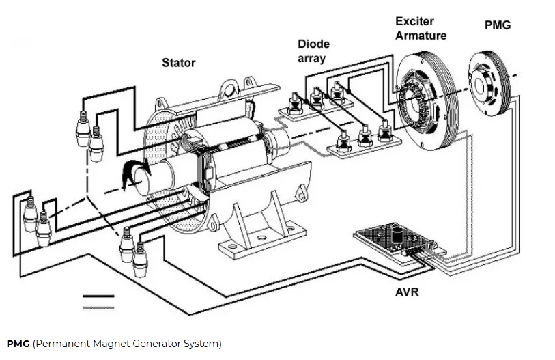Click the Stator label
[178, 63]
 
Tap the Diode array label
[313, 51]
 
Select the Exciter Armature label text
[421, 29]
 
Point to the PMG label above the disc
[497, 25]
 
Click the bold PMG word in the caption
[18, 344]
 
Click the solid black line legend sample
[98, 297]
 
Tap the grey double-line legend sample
[98, 308]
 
